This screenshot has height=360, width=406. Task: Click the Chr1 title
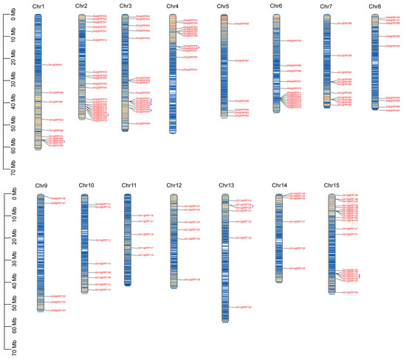(39, 7)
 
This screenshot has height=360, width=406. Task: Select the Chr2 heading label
(81, 6)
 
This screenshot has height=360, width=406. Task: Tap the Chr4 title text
(172, 7)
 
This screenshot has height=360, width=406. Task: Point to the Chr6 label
(276, 7)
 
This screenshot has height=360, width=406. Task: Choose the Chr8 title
(376, 7)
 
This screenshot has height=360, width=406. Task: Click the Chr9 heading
(41, 185)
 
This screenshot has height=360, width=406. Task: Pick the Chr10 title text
(86, 185)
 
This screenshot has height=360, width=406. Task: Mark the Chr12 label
(173, 185)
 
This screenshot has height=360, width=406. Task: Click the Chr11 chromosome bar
(128, 240)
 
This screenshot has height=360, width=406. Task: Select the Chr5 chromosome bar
(224, 66)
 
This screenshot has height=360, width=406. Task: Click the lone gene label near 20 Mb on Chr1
(55, 65)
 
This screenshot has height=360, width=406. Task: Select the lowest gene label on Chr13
(244, 307)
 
